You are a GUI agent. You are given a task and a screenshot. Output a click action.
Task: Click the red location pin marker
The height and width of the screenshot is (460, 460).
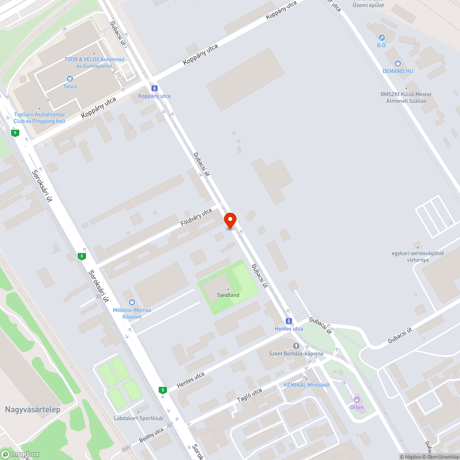pos(230,220)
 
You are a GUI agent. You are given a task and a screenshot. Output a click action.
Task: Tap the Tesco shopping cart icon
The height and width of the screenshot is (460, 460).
pos(70,79)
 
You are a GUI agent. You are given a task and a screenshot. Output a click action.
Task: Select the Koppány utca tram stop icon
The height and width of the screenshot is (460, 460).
pos(155,88)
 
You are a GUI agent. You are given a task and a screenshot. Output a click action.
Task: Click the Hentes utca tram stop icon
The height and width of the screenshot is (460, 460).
pos(288,321)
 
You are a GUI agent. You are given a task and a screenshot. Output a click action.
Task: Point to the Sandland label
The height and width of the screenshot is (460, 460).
pos(228,295)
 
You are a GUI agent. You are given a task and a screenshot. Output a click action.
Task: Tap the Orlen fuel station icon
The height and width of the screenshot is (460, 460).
pos(356,400)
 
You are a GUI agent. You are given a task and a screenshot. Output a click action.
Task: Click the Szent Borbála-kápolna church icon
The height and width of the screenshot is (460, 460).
pos(296,346)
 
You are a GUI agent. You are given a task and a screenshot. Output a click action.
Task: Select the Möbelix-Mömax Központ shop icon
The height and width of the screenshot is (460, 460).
pos(132,302)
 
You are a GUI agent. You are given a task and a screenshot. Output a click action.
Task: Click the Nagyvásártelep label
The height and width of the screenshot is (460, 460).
pos(33,409)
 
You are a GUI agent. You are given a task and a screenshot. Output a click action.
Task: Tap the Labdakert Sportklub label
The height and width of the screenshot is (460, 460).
pos(138,419)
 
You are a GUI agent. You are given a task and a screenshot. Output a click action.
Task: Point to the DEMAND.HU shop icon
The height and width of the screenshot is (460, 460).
pos(398,63)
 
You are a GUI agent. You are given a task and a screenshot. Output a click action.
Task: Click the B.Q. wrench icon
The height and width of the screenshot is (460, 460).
pos(381,38)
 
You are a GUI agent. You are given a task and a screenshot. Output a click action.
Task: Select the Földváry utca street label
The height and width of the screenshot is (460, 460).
pos(196,217)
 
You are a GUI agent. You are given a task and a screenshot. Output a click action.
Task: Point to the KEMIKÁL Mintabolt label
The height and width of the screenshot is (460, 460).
pos(306,385)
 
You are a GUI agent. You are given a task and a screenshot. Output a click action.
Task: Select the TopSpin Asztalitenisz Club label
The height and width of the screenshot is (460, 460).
pos(40,118)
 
